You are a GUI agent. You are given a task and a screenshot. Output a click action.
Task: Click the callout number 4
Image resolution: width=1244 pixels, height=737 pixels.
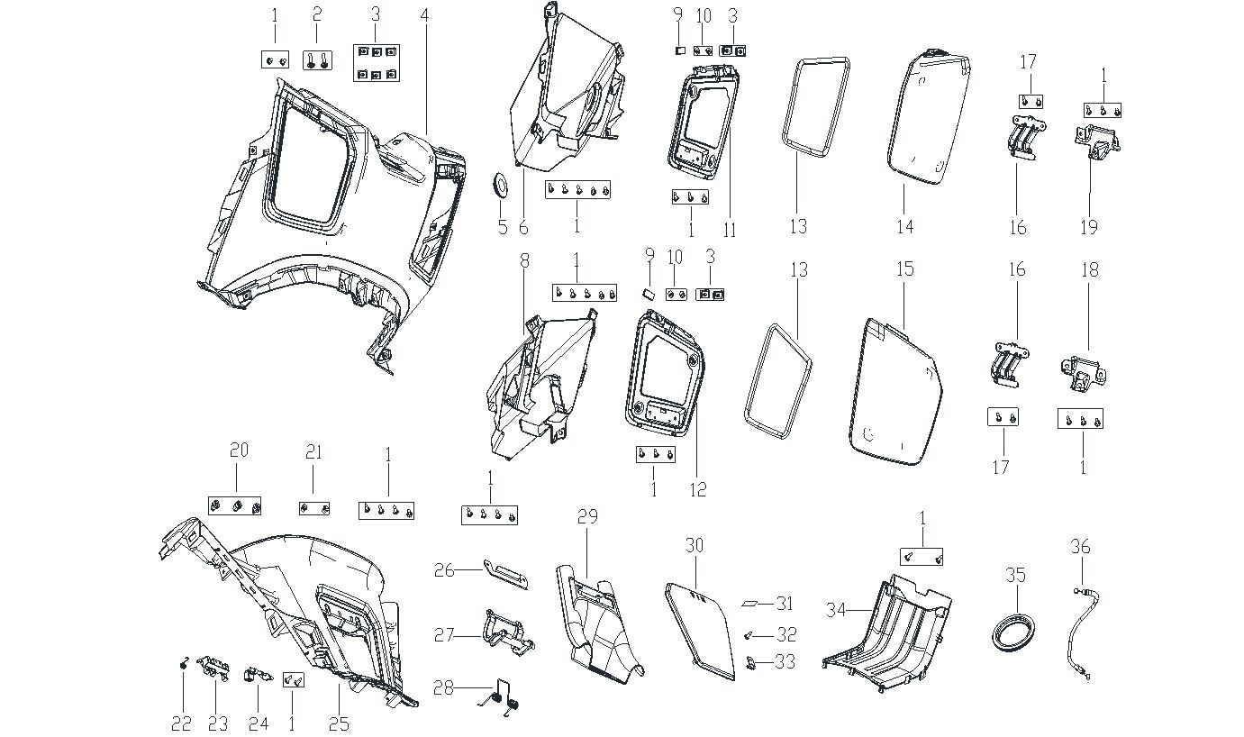(423, 15)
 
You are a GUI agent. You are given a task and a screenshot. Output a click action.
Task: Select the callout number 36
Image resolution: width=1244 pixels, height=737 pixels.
(1080, 546)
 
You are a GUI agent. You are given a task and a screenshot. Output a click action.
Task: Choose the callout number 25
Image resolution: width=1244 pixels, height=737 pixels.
(338, 723)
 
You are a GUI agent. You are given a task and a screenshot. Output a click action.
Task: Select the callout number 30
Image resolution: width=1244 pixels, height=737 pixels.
(694, 546)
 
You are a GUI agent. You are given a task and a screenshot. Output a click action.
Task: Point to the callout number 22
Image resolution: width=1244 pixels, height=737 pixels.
(182, 723)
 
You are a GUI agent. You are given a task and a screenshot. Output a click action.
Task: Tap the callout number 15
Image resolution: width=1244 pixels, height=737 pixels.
(904, 268)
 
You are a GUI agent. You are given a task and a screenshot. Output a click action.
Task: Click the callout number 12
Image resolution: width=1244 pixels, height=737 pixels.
(698, 490)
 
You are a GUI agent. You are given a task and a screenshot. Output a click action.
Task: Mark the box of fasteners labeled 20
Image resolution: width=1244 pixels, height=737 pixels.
(235, 506)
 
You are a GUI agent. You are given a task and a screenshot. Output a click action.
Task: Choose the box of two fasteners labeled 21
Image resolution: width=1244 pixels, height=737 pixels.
(313, 509)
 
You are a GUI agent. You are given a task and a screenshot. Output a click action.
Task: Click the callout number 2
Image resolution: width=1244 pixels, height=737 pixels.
(316, 15)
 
